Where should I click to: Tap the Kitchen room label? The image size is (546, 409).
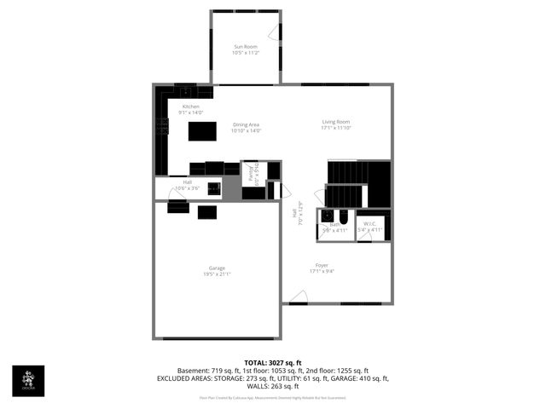tap(190, 107)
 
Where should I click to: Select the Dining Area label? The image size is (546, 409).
tap(246, 124)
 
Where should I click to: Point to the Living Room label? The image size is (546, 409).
tap(335, 122)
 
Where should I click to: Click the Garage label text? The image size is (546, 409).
tap(217, 268)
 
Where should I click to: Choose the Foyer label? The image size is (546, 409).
tap(322, 265)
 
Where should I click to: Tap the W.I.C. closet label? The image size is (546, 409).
tap(373, 224)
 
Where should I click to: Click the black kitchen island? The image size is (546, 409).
tap(202, 130)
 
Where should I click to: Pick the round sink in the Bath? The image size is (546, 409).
tap(325, 216)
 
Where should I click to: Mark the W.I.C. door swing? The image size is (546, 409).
tap(364, 236)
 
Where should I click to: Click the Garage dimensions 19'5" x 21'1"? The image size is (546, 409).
tap(217, 274)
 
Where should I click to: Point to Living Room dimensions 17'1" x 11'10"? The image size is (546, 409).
tap(335, 129)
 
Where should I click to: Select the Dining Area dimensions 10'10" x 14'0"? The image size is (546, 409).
tap(246, 131)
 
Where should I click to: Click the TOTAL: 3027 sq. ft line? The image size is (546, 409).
tap(273, 363)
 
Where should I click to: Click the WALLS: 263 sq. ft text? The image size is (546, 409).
tap(273, 385)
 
